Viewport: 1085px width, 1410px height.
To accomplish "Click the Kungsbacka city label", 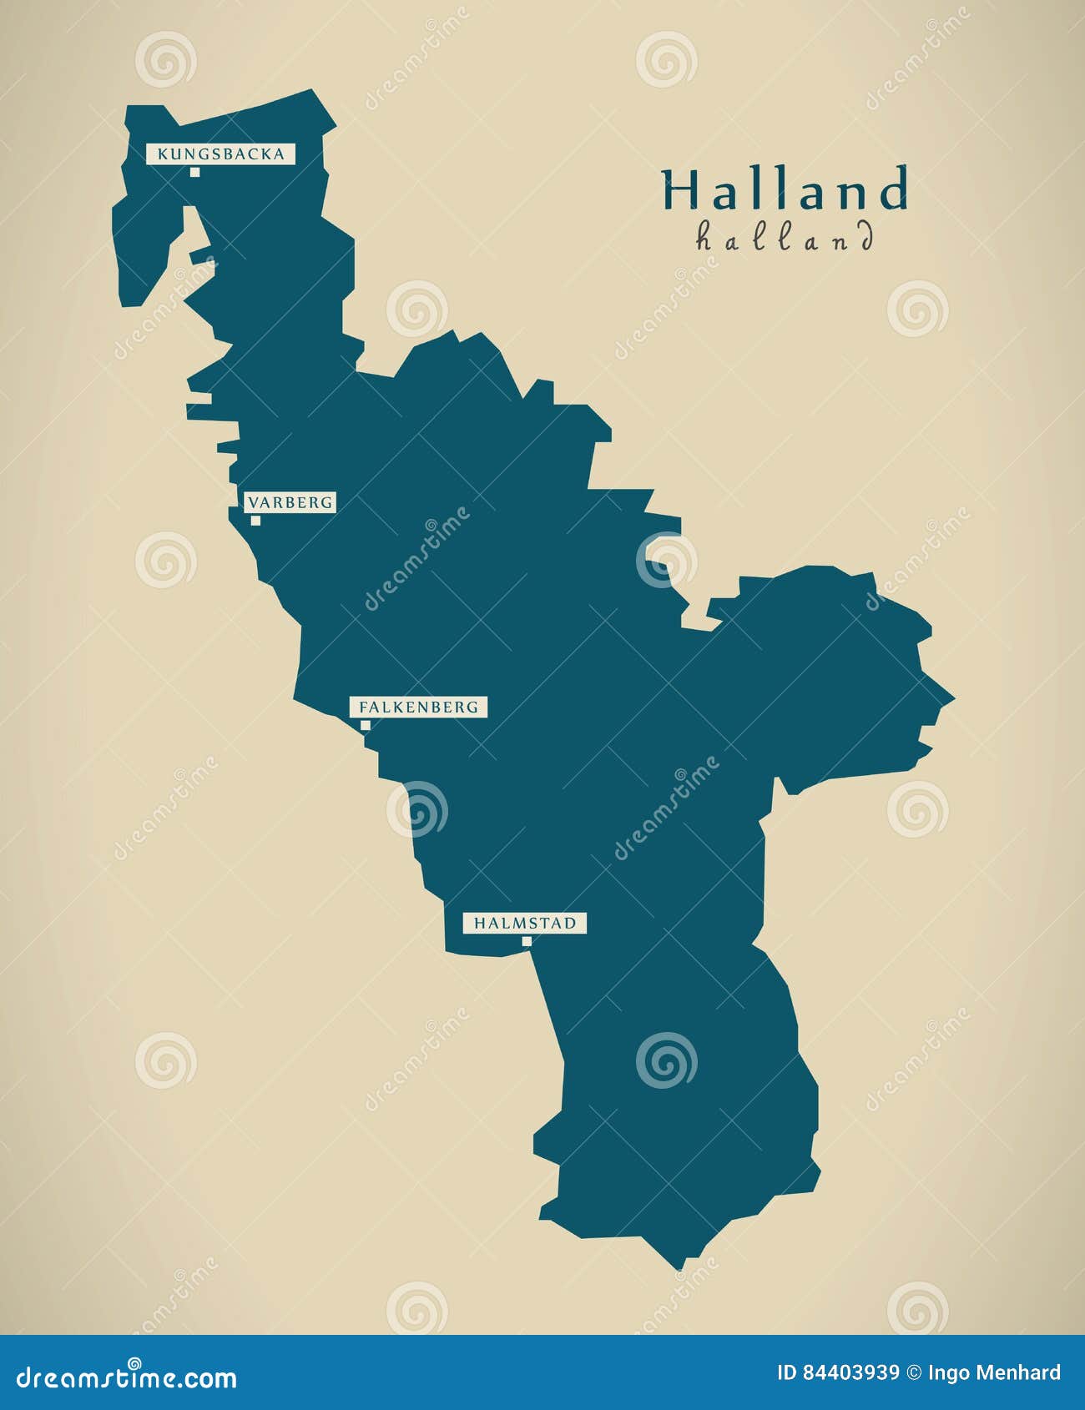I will (220, 154).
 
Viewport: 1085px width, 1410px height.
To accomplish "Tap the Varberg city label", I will (290, 502).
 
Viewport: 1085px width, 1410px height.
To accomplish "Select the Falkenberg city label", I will (418, 707).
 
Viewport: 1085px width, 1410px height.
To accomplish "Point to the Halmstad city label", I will (525, 923).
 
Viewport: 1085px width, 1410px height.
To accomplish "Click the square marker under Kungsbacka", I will (194, 172).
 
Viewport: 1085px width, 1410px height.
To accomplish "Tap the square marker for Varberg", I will (255, 521).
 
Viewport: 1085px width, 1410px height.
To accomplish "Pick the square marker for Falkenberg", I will (366, 725).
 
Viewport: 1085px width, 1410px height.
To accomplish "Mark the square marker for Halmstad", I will (527, 941).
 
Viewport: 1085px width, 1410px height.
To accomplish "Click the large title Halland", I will (785, 190).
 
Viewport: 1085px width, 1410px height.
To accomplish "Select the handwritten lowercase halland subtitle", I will (785, 238).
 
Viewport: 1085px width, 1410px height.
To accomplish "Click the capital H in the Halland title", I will (679, 190).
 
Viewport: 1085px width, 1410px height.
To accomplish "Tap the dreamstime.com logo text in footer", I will (125, 1377).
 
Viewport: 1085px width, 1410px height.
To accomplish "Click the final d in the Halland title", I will (893, 190).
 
